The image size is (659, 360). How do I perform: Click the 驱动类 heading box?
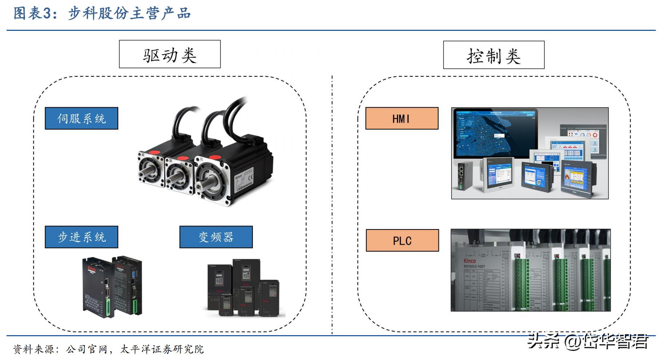tap(170, 54)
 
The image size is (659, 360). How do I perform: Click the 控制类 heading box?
tap(493, 55)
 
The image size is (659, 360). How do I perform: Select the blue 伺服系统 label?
tap(82, 118)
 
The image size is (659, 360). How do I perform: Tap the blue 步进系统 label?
tap(82, 237)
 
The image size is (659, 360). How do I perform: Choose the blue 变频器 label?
tap(216, 237)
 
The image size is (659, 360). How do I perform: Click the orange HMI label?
tap(402, 118)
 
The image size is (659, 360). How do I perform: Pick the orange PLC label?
tap(402, 240)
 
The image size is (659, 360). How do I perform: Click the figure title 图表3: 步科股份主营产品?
tap(102, 13)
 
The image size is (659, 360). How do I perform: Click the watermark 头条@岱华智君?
tap(587, 341)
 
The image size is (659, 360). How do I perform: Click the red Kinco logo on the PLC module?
tap(469, 261)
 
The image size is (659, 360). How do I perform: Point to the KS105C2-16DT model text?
tap(474, 267)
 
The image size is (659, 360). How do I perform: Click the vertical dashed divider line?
tap(332, 204)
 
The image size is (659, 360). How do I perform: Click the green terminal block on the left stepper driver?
tap(108, 305)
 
